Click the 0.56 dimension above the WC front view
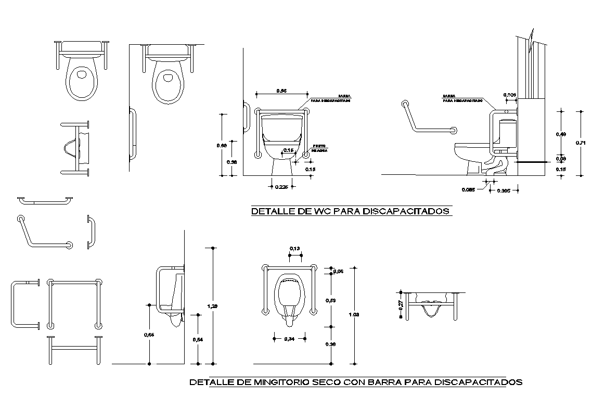[x=281, y=91]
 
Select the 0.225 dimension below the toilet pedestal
[x=281, y=187]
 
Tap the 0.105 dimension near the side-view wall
[x=510, y=95]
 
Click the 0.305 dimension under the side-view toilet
[x=504, y=191]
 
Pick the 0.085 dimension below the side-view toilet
[x=469, y=189]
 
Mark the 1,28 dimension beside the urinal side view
[x=212, y=306]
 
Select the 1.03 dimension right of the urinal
[x=355, y=315]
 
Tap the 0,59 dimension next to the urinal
[x=331, y=300]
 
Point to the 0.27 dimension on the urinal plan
[x=401, y=305]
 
